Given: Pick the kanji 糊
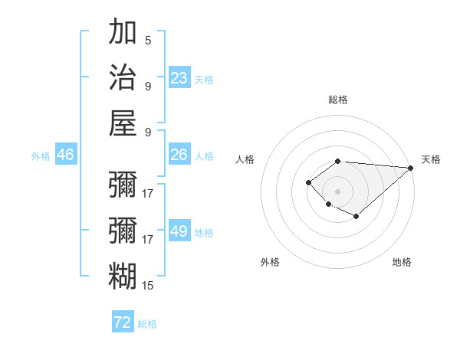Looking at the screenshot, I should pos(123,275).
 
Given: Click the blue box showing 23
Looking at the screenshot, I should pos(179,78).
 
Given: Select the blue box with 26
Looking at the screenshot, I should pos(179,155).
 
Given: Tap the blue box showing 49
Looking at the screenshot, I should pos(179,231).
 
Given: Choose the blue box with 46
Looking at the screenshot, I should pos(65,155).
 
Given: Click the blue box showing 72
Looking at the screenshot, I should pos(123,322).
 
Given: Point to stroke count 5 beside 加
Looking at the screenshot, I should pos(148,41).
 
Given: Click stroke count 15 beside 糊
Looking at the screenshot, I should pos(148,285).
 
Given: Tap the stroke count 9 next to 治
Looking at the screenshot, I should pos(148,86).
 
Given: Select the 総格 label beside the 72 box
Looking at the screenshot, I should pos(147,324).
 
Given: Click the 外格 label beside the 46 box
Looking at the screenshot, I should pos(41,156).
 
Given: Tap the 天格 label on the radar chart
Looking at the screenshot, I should pos(431,159).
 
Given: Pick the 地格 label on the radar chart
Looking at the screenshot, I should pos(402,262).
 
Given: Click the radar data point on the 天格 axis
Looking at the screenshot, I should pos(411,168).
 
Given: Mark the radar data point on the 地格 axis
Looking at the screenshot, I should pos(356,217).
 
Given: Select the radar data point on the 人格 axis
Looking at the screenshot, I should pos(308,182).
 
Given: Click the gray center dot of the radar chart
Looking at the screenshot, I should pos(338,191).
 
